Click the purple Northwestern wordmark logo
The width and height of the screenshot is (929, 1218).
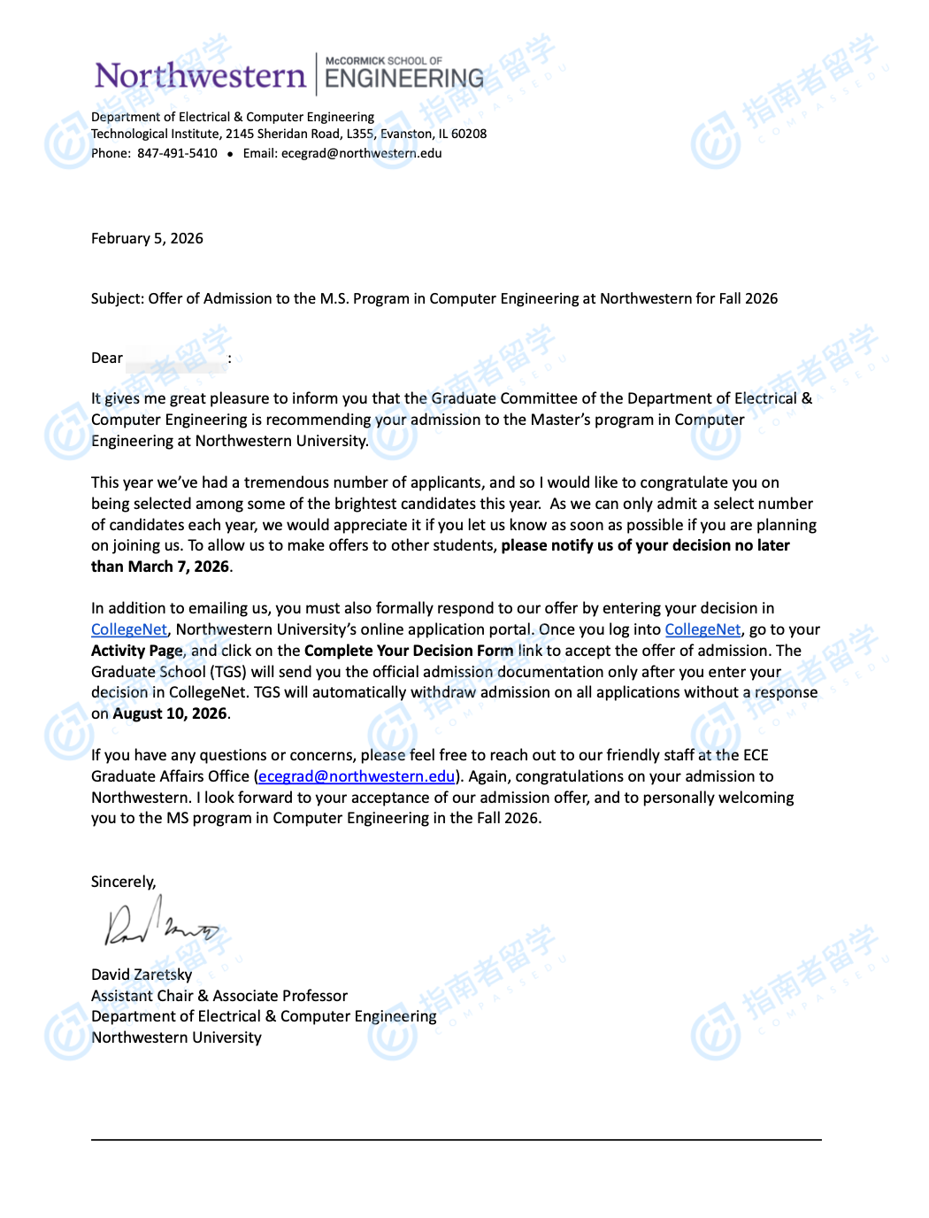pos(200,76)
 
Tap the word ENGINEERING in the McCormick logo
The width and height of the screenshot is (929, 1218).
pos(404,80)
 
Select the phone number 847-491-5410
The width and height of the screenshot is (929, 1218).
pos(177,153)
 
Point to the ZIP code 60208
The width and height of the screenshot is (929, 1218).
pos(469,134)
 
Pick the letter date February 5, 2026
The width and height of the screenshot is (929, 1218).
pos(147,238)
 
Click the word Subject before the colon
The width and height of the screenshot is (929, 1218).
pos(117,298)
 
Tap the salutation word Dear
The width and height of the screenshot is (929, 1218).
pos(107,358)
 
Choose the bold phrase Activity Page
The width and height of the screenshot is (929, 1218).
pos(137,651)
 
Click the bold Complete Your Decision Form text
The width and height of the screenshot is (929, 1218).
pos(408,651)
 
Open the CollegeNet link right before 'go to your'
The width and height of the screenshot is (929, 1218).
pos(703,629)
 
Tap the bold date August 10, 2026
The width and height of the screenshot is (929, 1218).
pos(170,713)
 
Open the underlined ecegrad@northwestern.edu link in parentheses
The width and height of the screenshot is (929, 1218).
pos(356,776)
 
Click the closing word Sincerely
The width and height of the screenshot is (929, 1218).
pos(122,882)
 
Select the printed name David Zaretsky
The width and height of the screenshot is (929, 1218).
pos(142,975)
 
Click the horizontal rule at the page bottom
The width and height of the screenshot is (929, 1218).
pos(456,1139)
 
